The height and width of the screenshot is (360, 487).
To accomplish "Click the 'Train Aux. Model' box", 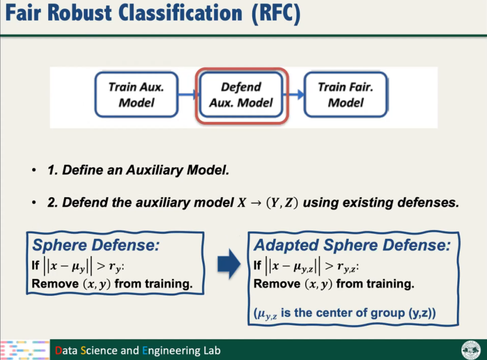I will pos(136,95).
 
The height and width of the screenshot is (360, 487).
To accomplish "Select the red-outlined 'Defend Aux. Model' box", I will pos(241,95).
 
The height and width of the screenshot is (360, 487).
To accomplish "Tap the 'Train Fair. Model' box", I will pos(345,95).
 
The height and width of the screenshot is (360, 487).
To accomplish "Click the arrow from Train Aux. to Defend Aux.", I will pos(188,95).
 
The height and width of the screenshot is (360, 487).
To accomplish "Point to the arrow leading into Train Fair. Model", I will pos(295,95).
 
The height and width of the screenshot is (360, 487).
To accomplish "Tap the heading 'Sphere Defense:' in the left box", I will pos(96,246).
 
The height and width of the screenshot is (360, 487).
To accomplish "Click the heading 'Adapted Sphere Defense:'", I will pos(352,245).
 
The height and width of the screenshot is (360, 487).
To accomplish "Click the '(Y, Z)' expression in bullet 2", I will pos(281,203).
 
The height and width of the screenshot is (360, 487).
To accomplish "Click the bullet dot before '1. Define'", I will pos(34,171).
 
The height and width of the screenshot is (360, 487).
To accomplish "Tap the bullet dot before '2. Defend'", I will pos(34,203).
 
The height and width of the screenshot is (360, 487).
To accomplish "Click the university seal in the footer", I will pos(470,350).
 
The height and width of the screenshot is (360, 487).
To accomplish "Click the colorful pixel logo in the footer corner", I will pos(24,350).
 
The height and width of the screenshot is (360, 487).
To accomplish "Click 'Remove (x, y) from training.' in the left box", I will pos(112,284).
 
